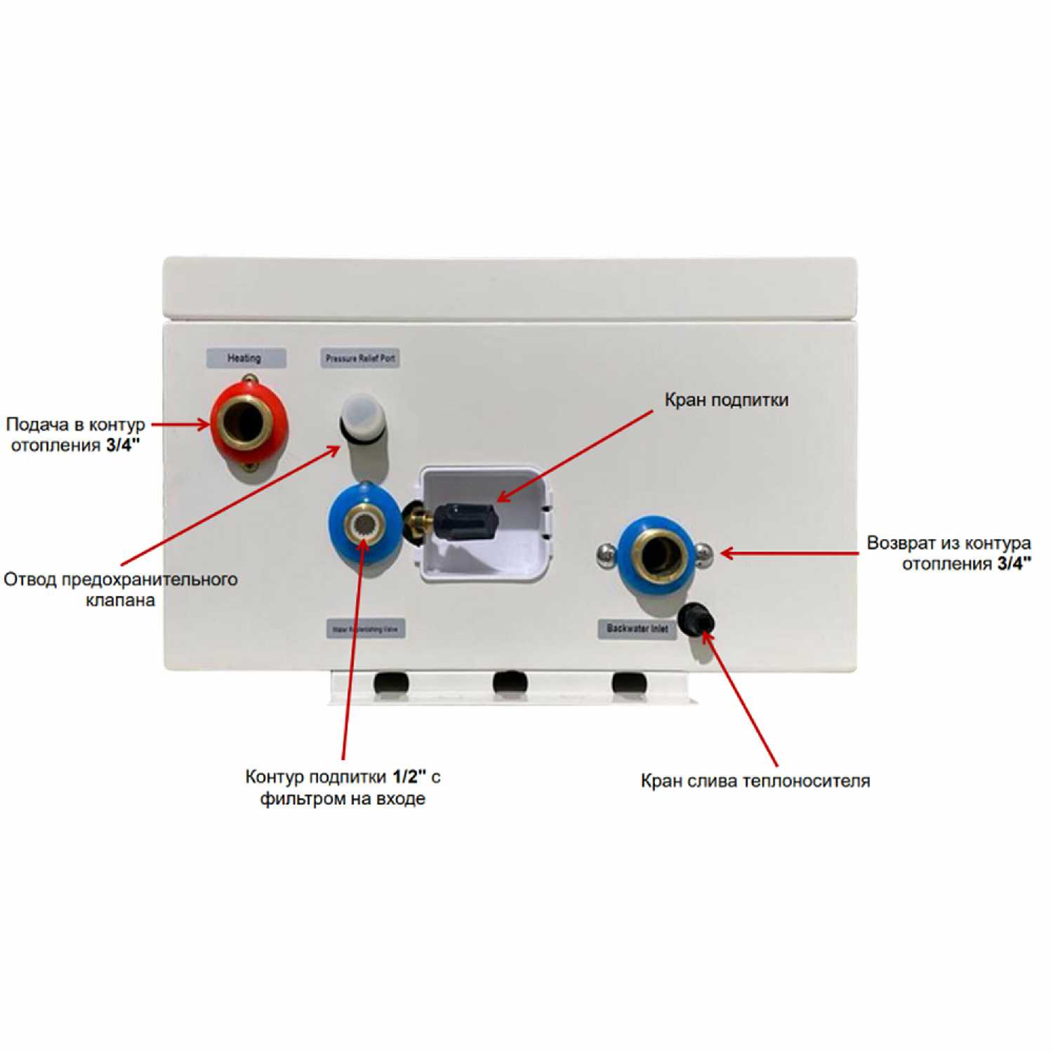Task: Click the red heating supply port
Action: (x=250, y=423)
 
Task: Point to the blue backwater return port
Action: (x=657, y=555)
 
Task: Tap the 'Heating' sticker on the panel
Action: (x=245, y=358)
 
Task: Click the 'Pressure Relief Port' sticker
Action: (x=360, y=358)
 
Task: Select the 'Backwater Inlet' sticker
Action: (x=637, y=628)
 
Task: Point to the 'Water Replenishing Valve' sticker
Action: (x=365, y=629)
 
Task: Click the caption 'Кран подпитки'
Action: (x=726, y=400)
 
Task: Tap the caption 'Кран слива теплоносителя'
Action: (x=755, y=781)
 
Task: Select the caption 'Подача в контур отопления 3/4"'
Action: (x=75, y=435)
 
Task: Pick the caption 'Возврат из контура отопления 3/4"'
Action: (x=948, y=553)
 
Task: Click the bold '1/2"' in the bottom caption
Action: (x=409, y=776)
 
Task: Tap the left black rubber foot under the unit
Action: (x=390, y=682)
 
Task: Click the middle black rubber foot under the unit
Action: (x=510, y=682)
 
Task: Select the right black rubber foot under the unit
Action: (x=629, y=682)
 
